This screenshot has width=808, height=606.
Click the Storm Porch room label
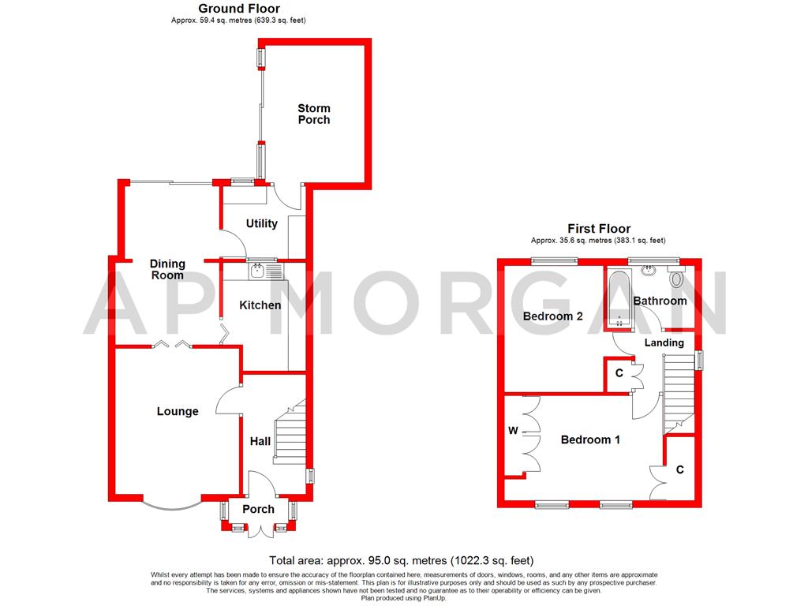tap(313, 114)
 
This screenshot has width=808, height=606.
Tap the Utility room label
tap(261, 223)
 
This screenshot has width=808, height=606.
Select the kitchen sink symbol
tap(258, 271)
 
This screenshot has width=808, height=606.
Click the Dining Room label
tap(167, 269)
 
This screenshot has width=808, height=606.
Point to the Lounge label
tap(178, 411)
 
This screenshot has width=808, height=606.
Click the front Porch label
tap(258, 509)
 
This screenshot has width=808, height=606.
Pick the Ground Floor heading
tap(227, 9)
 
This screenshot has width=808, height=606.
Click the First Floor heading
tap(597, 229)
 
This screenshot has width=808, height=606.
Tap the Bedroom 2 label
tap(552, 316)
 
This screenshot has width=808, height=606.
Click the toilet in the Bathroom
tap(676, 279)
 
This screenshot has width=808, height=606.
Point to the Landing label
tap(664, 342)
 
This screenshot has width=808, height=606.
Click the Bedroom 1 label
tap(589, 440)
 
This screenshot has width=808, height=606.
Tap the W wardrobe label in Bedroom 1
tap(513, 432)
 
